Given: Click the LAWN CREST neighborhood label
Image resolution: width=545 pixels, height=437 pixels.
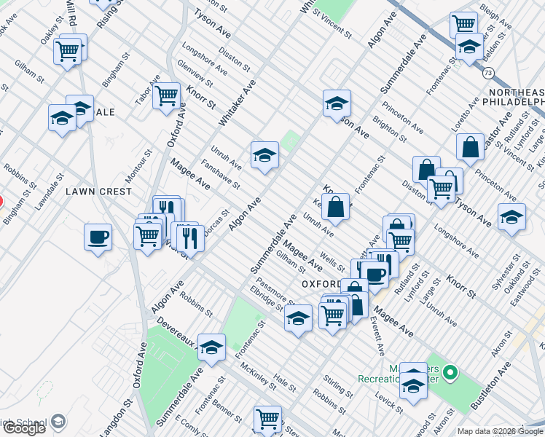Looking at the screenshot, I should click(98, 192).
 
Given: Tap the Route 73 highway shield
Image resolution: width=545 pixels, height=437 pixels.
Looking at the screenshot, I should click(488, 73).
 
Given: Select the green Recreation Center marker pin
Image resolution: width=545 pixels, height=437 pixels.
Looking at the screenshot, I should click(450, 374).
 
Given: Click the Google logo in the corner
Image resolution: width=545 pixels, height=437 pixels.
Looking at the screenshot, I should click(24, 428).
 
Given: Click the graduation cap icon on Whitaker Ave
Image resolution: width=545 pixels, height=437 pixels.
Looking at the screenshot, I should click(264, 154).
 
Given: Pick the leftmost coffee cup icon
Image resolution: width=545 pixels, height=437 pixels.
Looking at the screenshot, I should click(98, 237).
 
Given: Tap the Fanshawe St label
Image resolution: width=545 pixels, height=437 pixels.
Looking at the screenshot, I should click(221, 176).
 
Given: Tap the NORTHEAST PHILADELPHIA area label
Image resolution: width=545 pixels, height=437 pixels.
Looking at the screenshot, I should click(516, 97).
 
